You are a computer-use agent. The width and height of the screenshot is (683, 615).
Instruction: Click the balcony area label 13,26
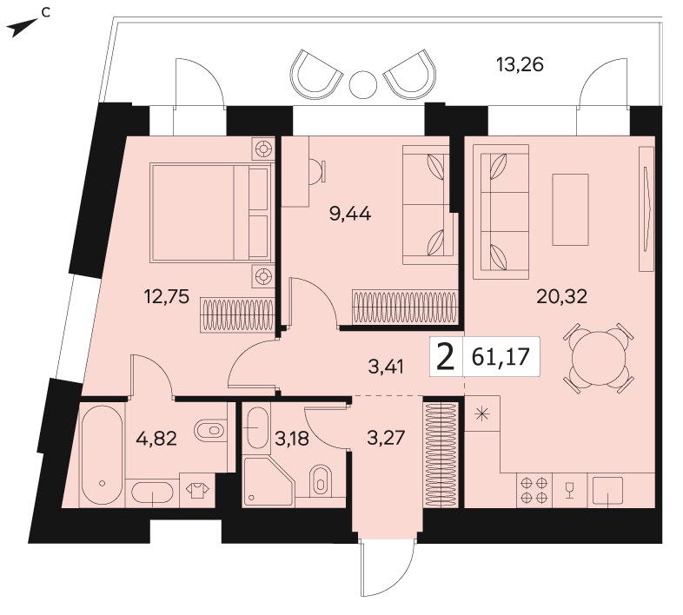point(520,65)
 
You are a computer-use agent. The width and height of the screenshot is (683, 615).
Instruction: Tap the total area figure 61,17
point(501,357)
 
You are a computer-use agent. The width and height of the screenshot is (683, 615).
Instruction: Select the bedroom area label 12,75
point(166,297)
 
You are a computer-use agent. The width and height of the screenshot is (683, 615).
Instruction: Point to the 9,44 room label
point(350,214)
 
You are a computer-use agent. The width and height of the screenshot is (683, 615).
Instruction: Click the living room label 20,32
point(562,296)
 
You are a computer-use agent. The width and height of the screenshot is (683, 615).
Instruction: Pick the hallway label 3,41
point(386,367)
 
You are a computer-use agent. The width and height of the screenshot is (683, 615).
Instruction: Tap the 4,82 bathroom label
point(156,438)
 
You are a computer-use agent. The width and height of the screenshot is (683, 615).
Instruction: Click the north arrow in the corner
point(23,28)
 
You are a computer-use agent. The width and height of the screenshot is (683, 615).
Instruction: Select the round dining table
point(599,358)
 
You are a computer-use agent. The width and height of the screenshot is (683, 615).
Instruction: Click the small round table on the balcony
point(363,84)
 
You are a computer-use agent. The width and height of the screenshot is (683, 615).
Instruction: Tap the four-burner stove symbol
point(534,490)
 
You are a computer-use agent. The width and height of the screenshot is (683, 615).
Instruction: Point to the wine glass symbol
point(569,490)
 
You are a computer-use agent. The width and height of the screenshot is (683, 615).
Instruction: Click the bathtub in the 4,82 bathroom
point(103,454)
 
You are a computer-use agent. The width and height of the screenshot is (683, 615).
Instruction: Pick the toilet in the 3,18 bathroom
point(321,480)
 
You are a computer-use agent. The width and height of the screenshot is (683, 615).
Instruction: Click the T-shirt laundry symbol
point(197,491)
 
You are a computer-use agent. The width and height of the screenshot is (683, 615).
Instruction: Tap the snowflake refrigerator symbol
point(481,413)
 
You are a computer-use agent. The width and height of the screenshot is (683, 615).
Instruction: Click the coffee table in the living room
point(570,209)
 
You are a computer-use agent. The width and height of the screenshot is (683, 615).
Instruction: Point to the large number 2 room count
point(445,357)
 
